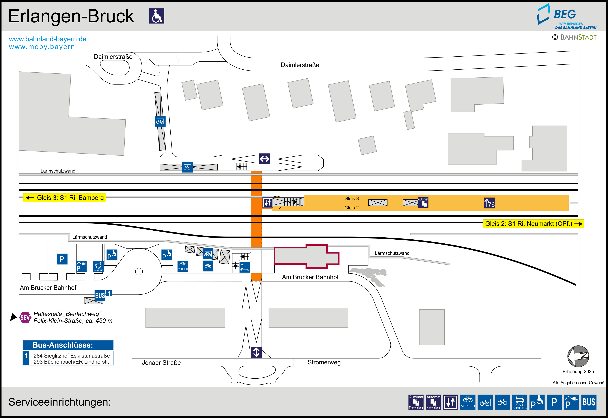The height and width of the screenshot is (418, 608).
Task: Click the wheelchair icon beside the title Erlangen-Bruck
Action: click(x=156, y=16)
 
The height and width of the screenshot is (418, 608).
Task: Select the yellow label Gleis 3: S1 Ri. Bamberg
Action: click(x=64, y=197)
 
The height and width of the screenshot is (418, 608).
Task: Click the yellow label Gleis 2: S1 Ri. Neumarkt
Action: click(x=533, y=224)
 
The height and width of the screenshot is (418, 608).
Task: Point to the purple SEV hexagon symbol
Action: click(x=25, y=317)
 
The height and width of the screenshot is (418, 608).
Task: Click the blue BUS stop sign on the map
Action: click(x=100, y=295)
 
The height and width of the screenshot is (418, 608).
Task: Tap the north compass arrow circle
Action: click(x=578, y=356)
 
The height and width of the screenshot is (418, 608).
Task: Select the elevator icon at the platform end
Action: click(x=267, y=202)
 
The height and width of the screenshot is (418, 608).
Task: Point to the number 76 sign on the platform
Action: click(x=489, y=203)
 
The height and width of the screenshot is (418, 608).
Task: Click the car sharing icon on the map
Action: click(x=98, y=266)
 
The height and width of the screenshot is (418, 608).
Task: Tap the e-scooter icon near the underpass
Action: click(x=245, y=267)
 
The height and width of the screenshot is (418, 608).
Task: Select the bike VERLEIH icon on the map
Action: click(x=183, y=266)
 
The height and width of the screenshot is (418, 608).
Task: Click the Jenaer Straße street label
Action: click(x=161, y=362)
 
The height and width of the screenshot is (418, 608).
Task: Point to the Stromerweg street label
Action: click(x=324, y=362)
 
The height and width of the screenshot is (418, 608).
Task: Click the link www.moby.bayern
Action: click(x=42, y=47)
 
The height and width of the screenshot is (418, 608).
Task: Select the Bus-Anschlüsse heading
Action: click(x=63, y=345)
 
